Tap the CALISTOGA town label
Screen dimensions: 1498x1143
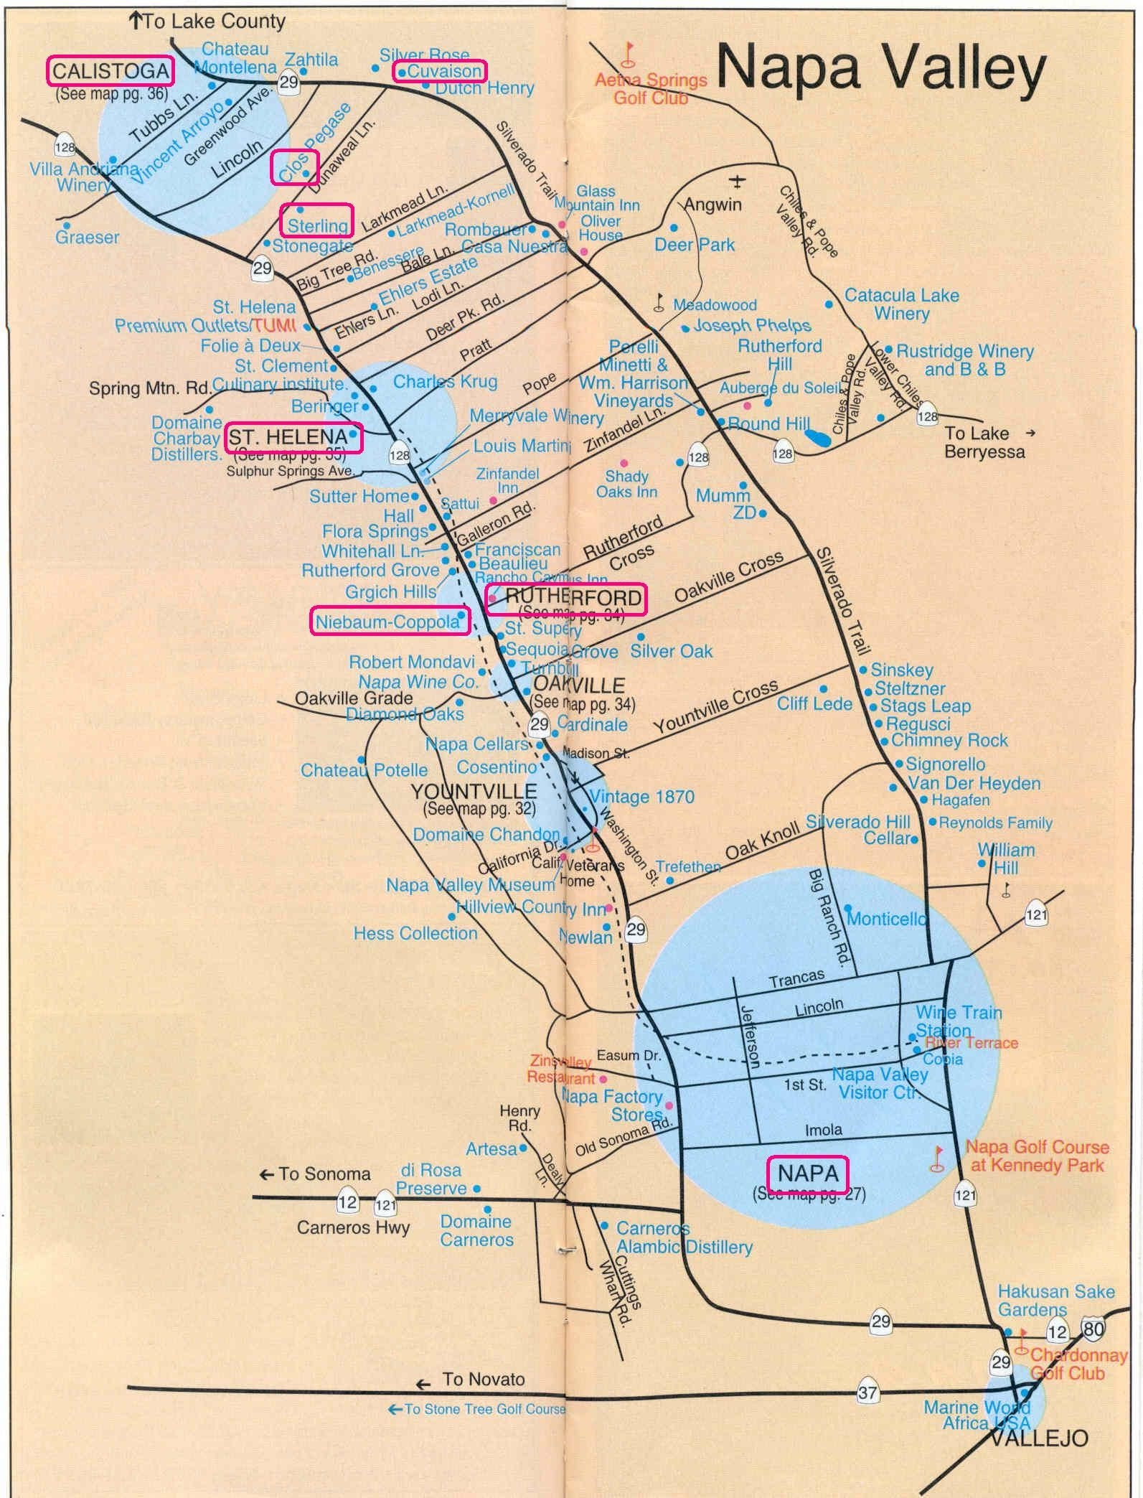tap(110, 70)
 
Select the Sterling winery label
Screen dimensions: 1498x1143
tap(316, 225)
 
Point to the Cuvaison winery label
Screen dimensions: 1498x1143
tap(439, 71)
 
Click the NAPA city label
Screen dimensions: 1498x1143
tap(808, 1173)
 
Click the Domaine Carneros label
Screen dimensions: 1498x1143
tap(476, 1230)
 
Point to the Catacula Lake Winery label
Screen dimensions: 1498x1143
tap(901, 304)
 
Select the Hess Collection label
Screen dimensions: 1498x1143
tap(415, 932)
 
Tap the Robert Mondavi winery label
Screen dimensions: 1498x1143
tap(412, 661)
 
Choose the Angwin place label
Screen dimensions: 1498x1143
tap(712, 205)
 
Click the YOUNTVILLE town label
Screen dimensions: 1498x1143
tap(474, 791)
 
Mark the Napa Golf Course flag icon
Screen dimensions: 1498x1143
tap(936, 1157)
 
